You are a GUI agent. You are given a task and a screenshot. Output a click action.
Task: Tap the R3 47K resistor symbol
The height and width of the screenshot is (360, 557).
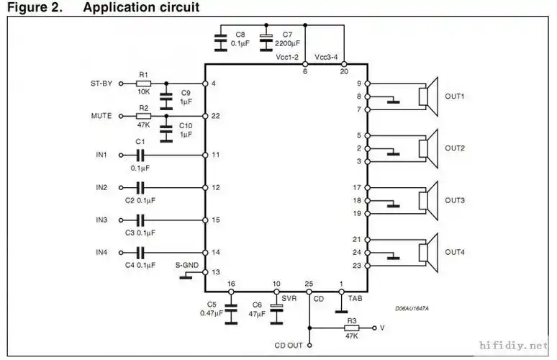click(351, 328)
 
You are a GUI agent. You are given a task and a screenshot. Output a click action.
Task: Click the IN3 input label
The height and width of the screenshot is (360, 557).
click(101, 220)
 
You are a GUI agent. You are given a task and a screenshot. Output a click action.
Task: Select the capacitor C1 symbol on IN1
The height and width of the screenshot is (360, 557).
click(140, 155)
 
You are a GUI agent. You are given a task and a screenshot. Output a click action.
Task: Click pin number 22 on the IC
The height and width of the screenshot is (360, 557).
click(216, 116)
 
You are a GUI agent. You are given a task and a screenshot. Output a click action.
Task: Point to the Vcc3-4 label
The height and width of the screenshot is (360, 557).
click(329, 56)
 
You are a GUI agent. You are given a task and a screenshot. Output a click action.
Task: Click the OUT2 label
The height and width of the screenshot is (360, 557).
click(455, 148)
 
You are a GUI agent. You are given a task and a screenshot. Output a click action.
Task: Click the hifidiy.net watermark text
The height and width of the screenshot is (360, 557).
click(514, 346)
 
